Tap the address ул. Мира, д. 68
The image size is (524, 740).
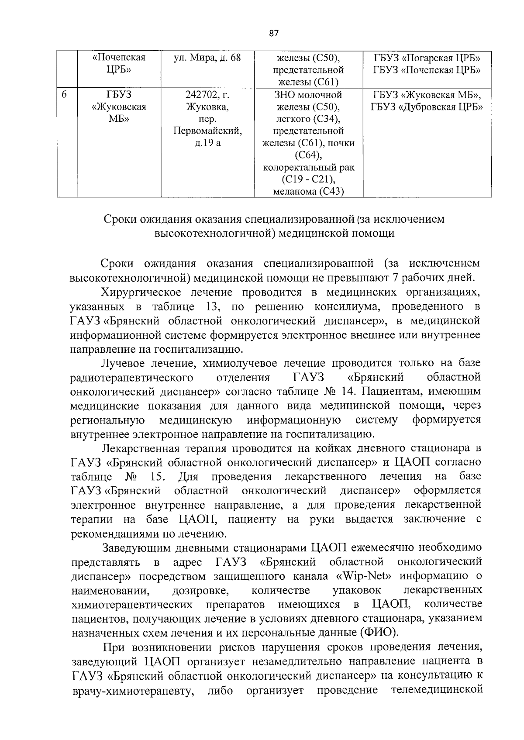click(207, 58)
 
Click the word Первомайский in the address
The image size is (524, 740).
click(207, 131)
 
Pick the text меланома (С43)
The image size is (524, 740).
click(308, 191)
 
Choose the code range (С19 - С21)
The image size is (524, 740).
click(308, 179)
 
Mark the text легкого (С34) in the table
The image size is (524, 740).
click(308, 119)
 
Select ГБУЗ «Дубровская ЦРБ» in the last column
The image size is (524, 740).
click(427, 107)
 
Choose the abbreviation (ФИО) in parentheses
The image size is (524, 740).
click(379, 633)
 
